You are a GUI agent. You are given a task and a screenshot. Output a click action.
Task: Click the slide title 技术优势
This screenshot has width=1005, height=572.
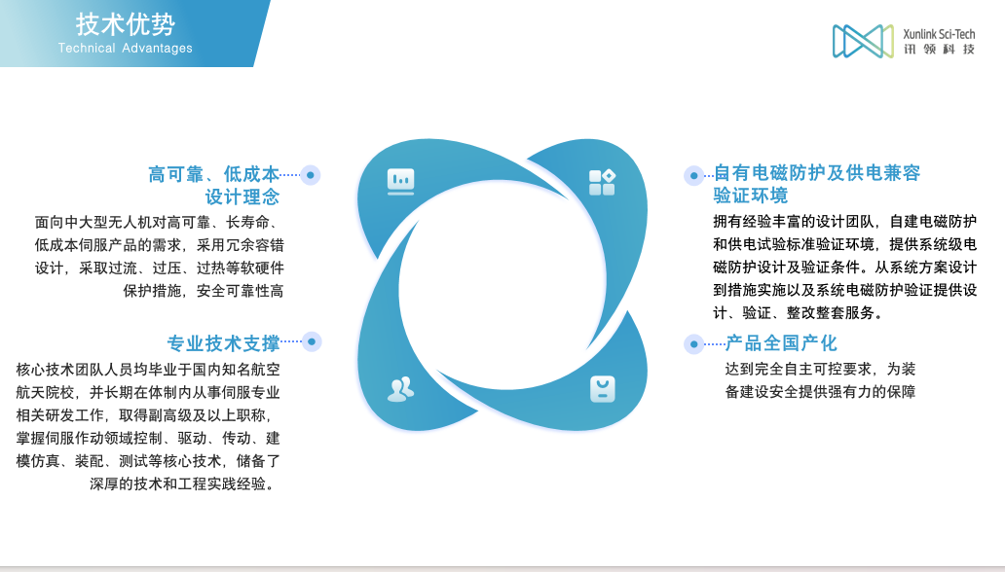(x=126, y=25)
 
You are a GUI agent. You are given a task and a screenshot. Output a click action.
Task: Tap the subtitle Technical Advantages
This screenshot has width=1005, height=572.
(x=125, y=48)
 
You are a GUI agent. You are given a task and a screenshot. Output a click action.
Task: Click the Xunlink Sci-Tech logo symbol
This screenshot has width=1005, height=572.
(x=863, y=41)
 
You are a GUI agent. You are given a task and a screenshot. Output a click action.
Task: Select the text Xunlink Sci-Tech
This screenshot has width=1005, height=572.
(x=939, y=34)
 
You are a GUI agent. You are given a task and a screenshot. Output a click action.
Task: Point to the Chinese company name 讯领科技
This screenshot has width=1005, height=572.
(x=939, y=50)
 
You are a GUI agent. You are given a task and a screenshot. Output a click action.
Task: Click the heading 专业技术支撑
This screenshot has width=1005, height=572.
(x=224, y=344)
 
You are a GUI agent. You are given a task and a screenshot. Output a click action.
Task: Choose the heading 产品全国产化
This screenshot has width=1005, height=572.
(x=781, y=343)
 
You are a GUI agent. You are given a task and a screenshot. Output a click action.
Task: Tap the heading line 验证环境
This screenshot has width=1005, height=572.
(x=751, y=196)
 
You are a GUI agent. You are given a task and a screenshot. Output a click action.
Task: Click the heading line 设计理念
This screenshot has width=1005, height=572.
(x=242, y=197)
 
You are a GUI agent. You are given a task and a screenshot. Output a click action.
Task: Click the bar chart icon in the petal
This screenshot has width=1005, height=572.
(x=400, y=181)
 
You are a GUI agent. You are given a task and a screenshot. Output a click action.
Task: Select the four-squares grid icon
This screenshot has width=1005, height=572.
(x=602, y=182)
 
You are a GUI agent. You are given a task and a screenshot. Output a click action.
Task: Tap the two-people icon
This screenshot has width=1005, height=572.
(x=401, y=389)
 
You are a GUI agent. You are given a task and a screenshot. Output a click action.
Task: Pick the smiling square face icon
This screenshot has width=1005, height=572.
(x=603, y=389)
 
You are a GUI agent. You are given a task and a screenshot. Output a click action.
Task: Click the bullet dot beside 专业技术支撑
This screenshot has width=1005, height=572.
(x=312, y=341)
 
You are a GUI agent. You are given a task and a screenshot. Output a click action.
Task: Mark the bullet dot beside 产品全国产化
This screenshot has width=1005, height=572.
(x=693, y=344)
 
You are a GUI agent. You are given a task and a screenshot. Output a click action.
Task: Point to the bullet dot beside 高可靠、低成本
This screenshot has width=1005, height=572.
(x=311, y=175)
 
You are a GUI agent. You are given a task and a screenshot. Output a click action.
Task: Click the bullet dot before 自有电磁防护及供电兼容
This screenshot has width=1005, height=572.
(x=693, y=175)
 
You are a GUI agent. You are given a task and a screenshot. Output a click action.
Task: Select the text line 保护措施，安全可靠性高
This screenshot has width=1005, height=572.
(x=204, y=291)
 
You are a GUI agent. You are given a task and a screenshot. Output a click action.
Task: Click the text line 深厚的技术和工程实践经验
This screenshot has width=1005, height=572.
(x=183, y=483)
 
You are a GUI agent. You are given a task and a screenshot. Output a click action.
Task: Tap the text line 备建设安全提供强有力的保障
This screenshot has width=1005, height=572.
(x=820, y=391)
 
